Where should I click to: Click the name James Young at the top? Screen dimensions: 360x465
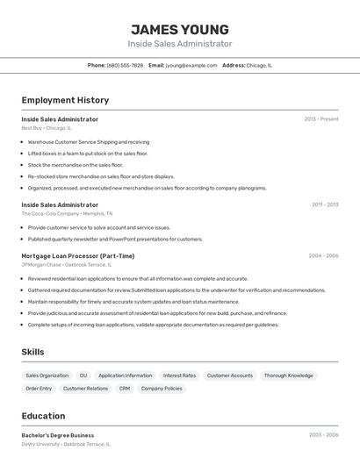tap(180, 29)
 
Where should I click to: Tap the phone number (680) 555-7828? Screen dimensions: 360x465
tap(125, 65)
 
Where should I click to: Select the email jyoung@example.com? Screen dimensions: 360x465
tap(191, 65)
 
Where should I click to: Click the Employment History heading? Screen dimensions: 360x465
tap(65, 100)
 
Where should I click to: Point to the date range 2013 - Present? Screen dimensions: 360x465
tap(321, 119)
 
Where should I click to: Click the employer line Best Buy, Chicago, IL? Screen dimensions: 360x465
tap(47, 128)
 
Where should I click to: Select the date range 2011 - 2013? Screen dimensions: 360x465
tap(325, 204)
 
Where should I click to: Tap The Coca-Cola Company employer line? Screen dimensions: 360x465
tap(67, 213)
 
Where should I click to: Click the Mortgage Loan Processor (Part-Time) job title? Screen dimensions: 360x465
tap(78, 256)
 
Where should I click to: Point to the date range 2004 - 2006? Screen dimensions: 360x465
tap(323, 256)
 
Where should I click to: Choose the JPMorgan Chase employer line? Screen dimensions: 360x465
tap(67, 265)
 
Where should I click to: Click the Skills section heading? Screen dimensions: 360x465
tap(33, 352)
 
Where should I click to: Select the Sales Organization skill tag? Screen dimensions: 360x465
tap(47, 376)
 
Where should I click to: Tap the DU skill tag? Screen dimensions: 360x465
tap(83, 376)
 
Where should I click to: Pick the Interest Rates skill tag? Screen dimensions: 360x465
tap(179, 376)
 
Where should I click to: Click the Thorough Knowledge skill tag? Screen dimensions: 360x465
tap(288, 376)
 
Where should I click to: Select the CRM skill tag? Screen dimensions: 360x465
tap(125, 388)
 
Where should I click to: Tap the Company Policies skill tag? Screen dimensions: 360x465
tap(162, 388)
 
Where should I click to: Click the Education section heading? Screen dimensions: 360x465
tap(43, 416)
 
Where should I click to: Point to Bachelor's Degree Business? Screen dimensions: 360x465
tap(58, 435)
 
